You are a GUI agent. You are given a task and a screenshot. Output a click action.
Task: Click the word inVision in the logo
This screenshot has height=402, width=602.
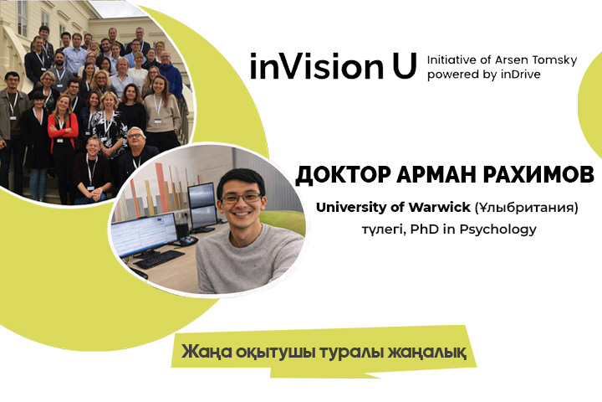point(317,66)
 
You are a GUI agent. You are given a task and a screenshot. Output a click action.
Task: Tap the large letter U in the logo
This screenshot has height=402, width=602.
point(405,66)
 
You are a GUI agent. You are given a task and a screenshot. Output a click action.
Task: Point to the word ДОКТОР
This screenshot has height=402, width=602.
point(343,175)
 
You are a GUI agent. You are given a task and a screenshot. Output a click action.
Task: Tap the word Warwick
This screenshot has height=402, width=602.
point(439,208)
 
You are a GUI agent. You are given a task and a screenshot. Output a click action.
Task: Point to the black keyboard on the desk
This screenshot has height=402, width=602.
point(159,259)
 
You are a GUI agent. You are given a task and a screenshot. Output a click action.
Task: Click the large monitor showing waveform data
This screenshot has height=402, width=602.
point(144,234)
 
